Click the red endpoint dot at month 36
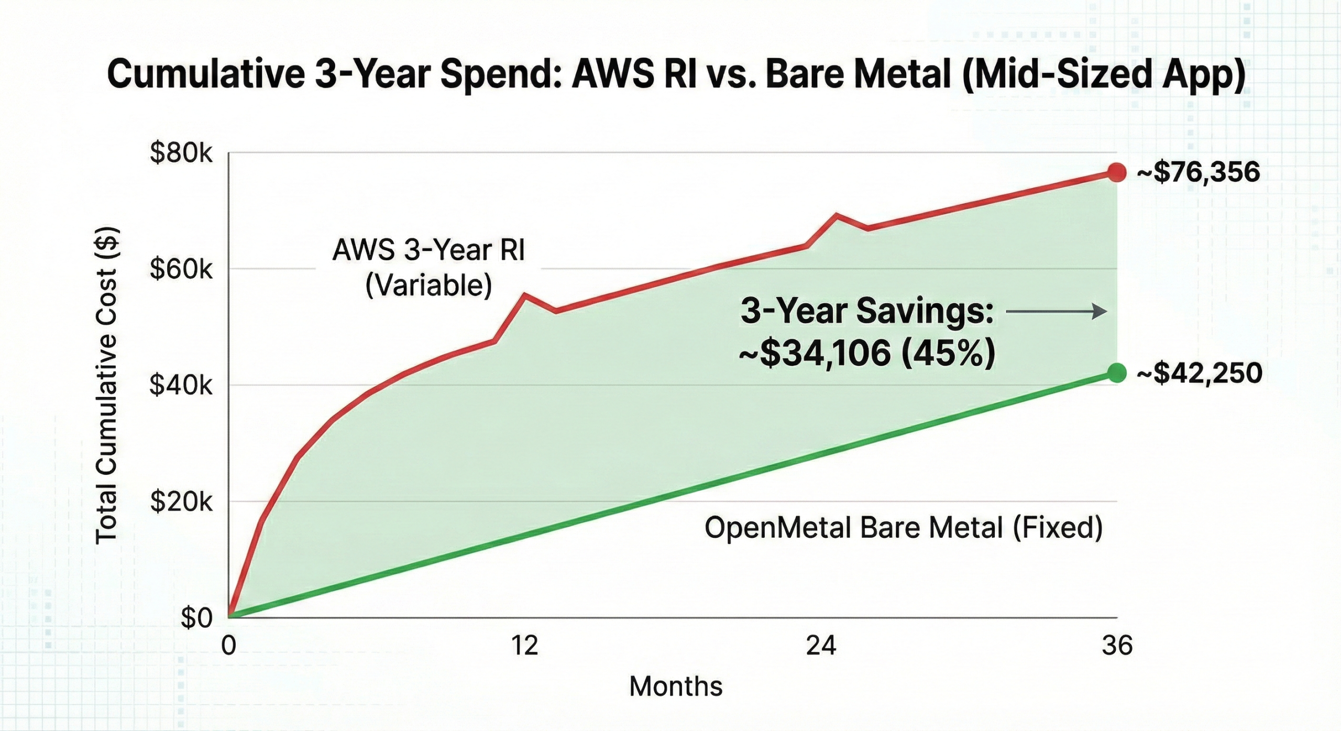pos(1116,172)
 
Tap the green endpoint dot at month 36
pos(1116,373)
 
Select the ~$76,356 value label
pos(1198,172)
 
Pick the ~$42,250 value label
pos(1199,374)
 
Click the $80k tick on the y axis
pos(181,154)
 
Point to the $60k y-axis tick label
pos(181,270)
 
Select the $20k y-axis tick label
pos(181,502)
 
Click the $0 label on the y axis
pos(196,618)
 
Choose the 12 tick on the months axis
pos(524,646)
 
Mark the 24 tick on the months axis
pos(821,646)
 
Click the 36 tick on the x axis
pos(1117,646)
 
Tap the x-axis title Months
pos(675,686)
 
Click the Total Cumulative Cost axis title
pos(107,385)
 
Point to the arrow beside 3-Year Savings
pos(1056,312)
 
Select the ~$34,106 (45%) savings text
pos(867,353)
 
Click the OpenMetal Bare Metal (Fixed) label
pos(904,527)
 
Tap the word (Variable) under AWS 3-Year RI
pos(428,286)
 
